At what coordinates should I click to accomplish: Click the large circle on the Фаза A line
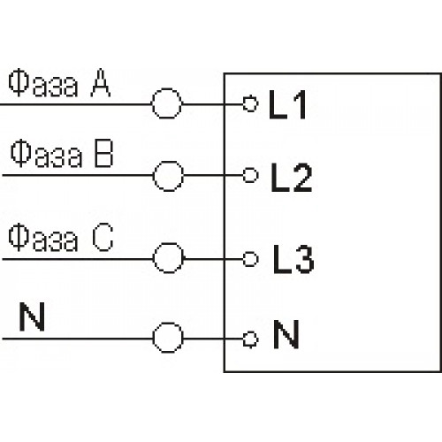pyautogui.click(x=152, y=103)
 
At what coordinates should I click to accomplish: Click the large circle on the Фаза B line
pyautogui.click(x=154, y=176)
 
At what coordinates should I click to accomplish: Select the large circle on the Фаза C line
pyautogui.click(x=154, y=258)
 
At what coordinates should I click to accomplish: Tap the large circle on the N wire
pyautogui.click(x=154, y=338)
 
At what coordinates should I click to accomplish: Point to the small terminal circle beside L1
pyautogui.click(x=244, y=103)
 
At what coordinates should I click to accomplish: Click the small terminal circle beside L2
pyautogui.click(x=244, y=176)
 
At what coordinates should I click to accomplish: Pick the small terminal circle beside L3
pyautogui.click(x=244, y=259)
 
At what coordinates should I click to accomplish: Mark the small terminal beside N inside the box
pyautogui.click(x=244, y=339)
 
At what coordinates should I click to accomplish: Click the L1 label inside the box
pyautogui.click(x=287, y=105)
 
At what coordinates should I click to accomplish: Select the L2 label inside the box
pyautogui.click(x=291, y=178)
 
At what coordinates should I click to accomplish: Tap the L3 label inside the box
pyautogui.click(x=293, y=259)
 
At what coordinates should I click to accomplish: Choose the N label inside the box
pyautogui.click(x=286, y=334)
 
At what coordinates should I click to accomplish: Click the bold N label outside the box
pyautogui.click(x=32, y=316)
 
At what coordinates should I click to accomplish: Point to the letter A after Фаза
pyautogui.click(x=101, y=83)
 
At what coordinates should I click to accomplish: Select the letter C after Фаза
pyautogui.click(x=103, y=237)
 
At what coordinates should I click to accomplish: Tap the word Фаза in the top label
pyautogui.click(x=43, y=85)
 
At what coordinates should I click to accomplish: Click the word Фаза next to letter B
pyautogui.click(x=46, y=155)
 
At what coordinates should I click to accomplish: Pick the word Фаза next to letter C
pyautogui.click(x=43, y=239)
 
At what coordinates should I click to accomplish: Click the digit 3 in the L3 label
pyautogui.click(x=305, y=259)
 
